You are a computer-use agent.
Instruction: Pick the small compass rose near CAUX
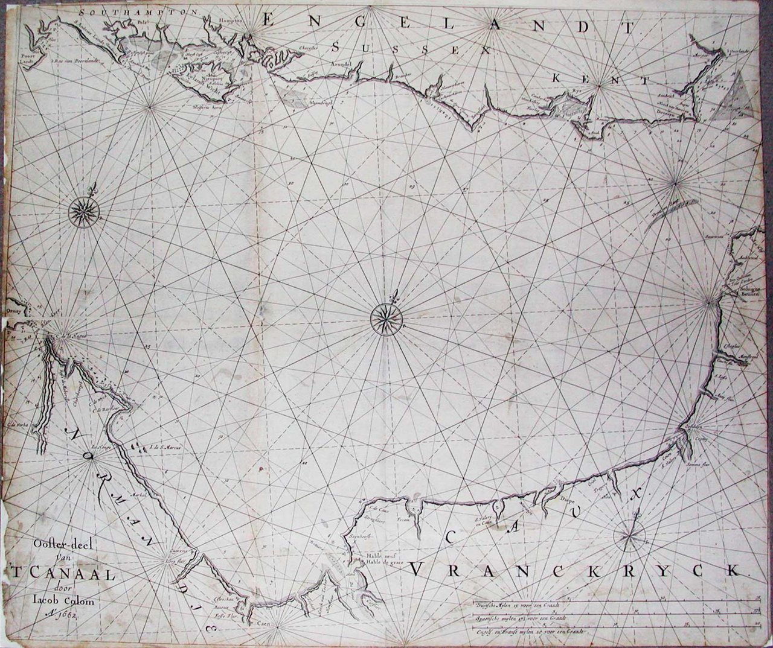pos(630,535)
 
